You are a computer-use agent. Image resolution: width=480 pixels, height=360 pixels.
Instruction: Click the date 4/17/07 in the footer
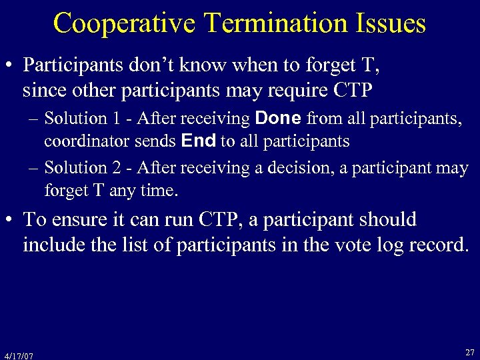[19, 355]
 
